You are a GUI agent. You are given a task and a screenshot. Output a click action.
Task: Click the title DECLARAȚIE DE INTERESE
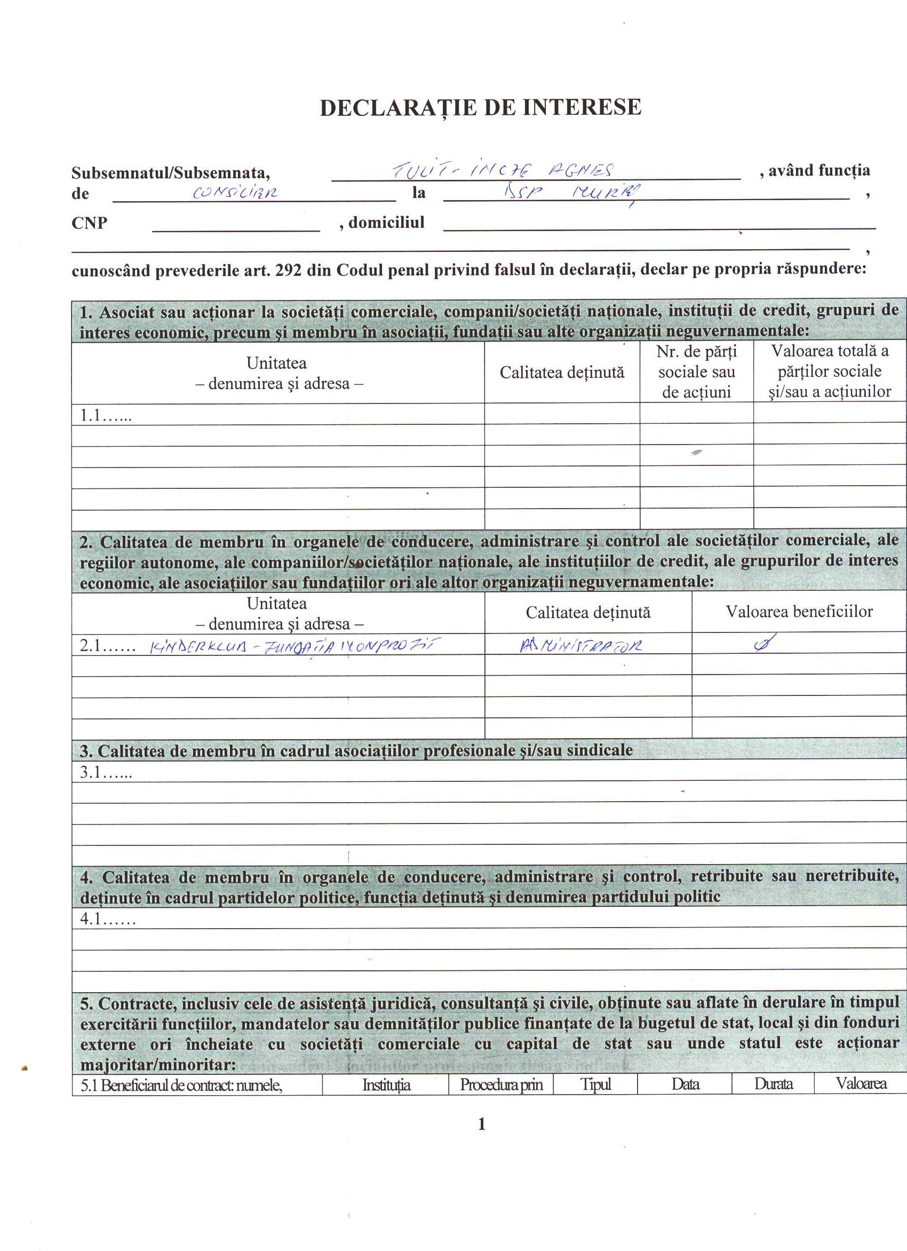click(481, 108)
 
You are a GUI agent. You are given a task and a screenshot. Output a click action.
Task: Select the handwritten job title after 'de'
click(235, 193)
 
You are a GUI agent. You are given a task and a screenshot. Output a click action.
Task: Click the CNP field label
click(89, 224)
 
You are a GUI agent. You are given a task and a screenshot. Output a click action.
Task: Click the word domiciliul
click(386, 223)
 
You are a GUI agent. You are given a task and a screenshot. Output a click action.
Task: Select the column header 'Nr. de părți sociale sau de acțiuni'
click(696, 372)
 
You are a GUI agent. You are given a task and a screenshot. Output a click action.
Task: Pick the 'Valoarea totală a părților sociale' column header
click(830, 371)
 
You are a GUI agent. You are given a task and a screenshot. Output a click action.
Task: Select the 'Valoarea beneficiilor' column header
click(799, 612)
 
